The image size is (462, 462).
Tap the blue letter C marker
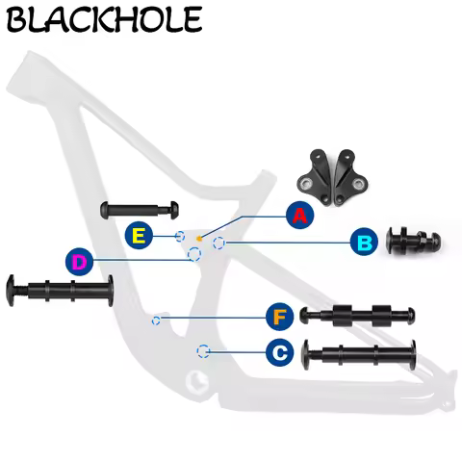coord(279,352)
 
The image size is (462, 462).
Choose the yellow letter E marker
coord(140,235)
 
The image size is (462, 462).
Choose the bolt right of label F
coord(357,315)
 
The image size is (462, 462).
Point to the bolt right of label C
coord(358,353)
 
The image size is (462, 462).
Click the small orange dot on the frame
coord(198,237)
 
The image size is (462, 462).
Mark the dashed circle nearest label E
coord(180,236)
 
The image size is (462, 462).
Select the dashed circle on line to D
coord(194,254)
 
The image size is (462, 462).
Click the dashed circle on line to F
coord(157,319)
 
